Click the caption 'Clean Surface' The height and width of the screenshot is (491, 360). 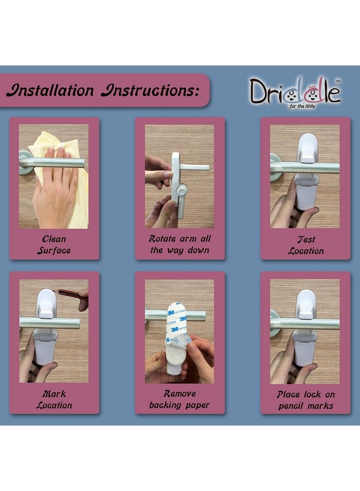point(54,245)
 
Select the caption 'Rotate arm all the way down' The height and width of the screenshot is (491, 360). point(179,244)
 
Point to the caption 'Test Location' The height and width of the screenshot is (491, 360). point(305,245)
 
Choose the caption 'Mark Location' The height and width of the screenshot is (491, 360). point(54,399)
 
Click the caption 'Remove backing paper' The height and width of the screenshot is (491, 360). point(179,399)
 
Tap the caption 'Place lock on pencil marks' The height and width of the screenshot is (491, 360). point(305,400)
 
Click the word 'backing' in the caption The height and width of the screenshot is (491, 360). point(166,405)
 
